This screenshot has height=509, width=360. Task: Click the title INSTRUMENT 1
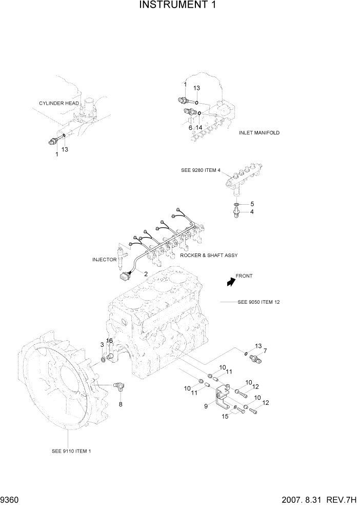click(x=179, y=6)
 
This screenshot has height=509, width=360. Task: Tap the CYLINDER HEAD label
click(x=59, y=103)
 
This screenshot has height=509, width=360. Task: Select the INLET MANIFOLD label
click(x=259, y=132)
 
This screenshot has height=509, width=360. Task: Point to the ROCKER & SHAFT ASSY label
click(x=209, y=255)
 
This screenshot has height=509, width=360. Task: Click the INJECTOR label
click(x=105, y=260)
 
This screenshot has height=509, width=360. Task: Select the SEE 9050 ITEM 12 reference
click(x=258, y=302)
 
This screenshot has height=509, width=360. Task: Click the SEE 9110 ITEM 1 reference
click(x=72, y=451)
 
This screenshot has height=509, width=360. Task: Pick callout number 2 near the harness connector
click(x=146, y=273)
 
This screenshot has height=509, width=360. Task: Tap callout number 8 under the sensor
click(x=121, y=404)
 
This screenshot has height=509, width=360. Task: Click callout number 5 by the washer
click(x=252, y=204)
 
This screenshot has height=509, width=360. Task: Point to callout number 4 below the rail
click(x=252, y=211)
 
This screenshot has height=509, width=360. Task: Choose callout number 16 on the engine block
click(x=109, y=341)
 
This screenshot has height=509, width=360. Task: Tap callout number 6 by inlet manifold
click(x=190, y=128)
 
